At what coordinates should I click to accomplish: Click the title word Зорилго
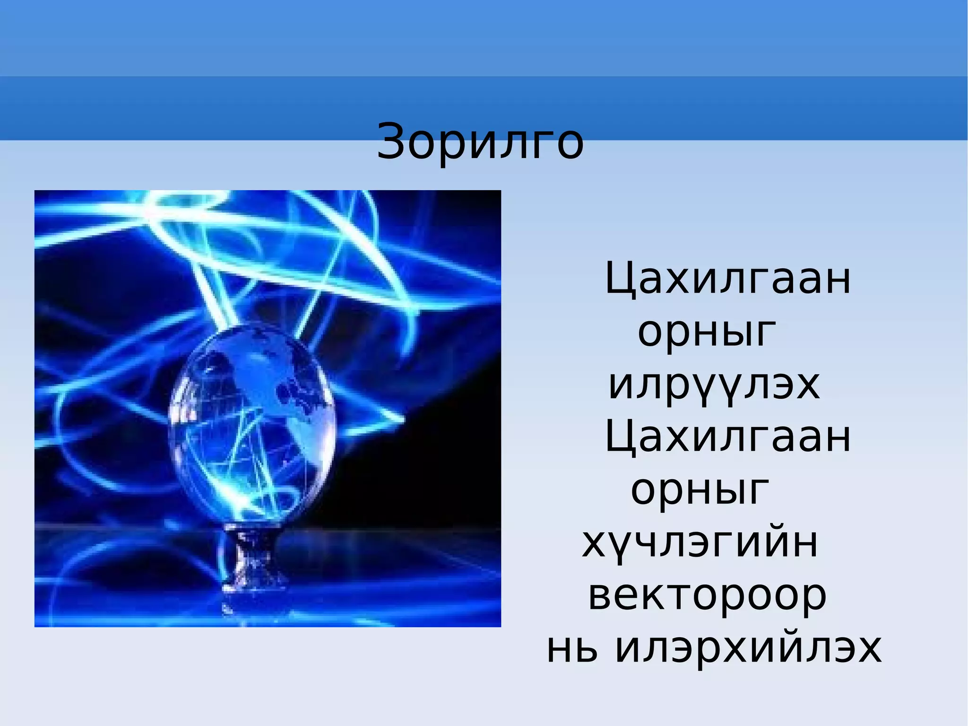[x=480, y=141]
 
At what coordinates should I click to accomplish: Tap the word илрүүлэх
[x=714, y=385]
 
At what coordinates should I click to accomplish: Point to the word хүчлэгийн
[x=700, y=543]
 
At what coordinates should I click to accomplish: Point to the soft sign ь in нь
[x=586, y=649]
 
